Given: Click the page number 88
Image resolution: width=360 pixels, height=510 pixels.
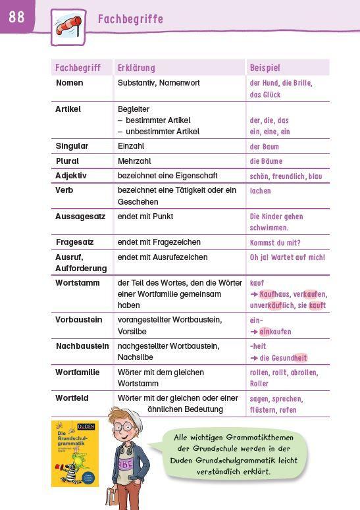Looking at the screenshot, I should pyautogui.click(x=16, y=16).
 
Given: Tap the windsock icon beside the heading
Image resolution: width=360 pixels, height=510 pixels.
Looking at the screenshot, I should pyautogui.click(x=68, y=27).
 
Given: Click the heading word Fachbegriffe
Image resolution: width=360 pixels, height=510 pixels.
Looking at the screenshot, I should pyautogui.click(x=130, y=19).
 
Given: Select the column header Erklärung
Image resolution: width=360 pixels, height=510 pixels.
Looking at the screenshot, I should pyautogui.click(x=136, y=68).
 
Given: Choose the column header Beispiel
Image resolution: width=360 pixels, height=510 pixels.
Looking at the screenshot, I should pyautogui.click(x=265, y=68).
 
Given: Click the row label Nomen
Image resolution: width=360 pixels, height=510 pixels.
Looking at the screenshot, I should pyautogui.click(x=69, y=83).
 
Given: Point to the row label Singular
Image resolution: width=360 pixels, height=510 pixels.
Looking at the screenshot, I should pyautogui.click(x=72, y=146).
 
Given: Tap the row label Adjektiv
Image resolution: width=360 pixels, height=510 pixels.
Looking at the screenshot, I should pyautogui.click(x=71, y=176).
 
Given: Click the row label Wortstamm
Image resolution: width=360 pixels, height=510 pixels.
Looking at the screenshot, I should pyautogui.click(x=78, y=283).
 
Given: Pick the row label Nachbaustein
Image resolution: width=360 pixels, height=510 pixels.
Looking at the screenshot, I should pyautogui.click(x=82, y=346).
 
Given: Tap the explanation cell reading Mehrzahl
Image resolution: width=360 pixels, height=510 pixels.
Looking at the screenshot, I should pyautogui.click(x=135, y=161).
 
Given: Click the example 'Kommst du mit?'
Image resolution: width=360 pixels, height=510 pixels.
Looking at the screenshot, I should pyautogui.click(x=275, y=243).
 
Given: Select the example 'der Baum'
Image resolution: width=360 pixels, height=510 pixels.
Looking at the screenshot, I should pyautogui.click(x=264, y=147).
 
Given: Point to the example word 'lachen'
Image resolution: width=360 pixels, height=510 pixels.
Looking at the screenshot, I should pyautogui.click(x=260, y=191).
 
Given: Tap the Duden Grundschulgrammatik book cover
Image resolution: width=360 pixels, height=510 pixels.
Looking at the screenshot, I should pyautogui.click(x=74, y=453).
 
